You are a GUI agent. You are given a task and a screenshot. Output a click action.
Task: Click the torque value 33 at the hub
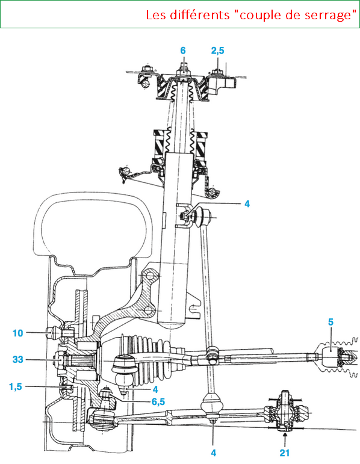pyautogui.click(x=18, y=359)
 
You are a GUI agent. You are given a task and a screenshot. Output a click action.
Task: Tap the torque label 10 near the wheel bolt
pyautogui.click(x=18, y=333)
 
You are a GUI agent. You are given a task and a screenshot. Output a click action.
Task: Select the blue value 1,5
pyautogui.click(x=16, y=386)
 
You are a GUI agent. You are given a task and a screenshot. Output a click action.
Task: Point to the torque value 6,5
pyautogui.click(x=158, y=401)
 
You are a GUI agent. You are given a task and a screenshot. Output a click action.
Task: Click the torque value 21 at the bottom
pyautogui.click(x=285, y=453)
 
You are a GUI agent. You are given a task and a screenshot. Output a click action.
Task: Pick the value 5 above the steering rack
pyautogui.click(x=331, y=321)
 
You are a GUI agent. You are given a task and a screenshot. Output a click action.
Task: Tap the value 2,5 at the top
pyautogui.click(x=217, y=51)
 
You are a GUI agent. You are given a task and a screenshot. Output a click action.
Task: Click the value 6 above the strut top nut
pyautogui.click(x=183, y=51)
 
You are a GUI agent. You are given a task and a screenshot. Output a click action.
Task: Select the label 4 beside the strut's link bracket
pyautogui.click(x=247, y=203)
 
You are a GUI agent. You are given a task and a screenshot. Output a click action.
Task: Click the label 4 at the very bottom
pyautogui.click(x=214, y=453)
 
